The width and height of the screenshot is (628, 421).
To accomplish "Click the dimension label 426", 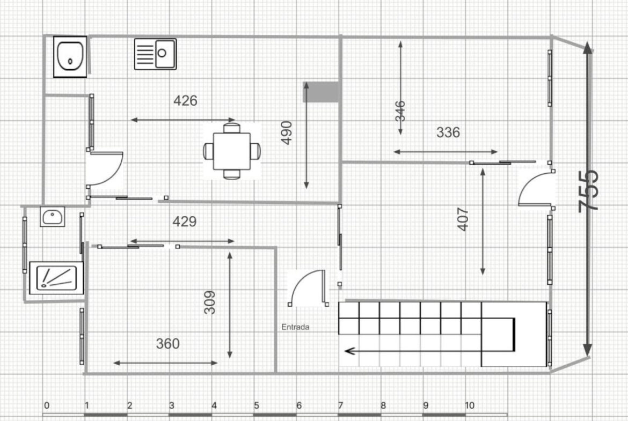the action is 185,100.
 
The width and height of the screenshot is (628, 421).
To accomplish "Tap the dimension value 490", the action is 287,132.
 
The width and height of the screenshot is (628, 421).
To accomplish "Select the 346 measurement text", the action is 400,111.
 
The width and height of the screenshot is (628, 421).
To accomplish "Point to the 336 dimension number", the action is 448,132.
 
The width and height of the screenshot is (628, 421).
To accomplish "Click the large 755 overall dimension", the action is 589,191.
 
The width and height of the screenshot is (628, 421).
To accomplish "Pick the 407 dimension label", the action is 463,219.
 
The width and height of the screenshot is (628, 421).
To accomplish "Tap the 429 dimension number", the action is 184,221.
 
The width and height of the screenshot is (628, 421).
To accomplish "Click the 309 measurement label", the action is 209,302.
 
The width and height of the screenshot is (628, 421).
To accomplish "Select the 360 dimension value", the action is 168,343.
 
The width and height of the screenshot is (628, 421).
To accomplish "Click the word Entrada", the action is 295,327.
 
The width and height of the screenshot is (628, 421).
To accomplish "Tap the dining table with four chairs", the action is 231,151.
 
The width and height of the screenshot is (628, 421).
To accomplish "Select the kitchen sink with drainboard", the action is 156,54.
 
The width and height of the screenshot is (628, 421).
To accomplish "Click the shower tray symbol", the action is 56,278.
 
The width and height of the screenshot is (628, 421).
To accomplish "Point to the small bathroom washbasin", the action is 52,217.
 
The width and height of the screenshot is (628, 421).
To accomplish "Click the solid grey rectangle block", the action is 321,92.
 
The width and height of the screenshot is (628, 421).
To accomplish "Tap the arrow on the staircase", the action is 428,351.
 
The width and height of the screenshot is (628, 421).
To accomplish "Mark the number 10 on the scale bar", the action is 470,405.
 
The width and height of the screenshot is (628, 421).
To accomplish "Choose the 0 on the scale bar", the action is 47,405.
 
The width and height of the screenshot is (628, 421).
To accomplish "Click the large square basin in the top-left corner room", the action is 70,56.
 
